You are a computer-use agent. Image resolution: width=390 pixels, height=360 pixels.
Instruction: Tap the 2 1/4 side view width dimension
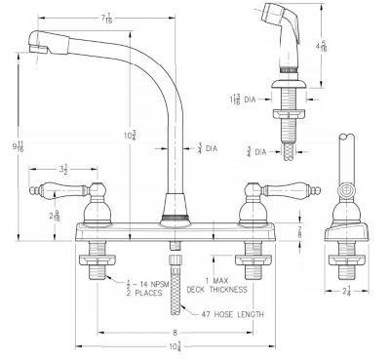347,292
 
